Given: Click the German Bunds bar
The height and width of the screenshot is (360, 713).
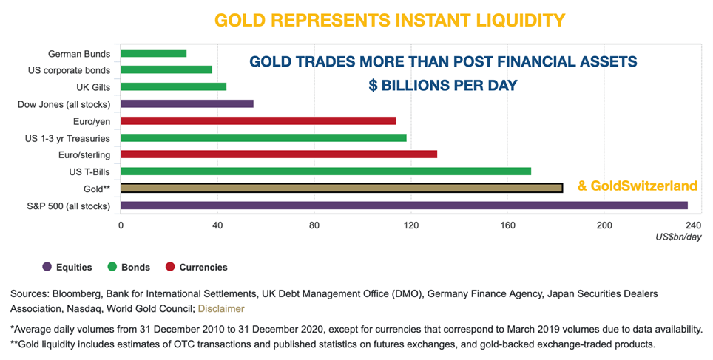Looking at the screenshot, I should (153, 53).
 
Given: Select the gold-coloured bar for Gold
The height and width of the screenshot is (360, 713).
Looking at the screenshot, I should (341, 188).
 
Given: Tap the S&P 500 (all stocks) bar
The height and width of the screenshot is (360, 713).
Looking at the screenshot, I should (404, 205).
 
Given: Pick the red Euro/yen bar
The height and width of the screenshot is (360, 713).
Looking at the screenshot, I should (258, 120).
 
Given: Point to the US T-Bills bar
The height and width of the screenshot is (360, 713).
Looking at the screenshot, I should (325, 171).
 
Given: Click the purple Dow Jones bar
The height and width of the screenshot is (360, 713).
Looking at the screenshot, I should (186, 103).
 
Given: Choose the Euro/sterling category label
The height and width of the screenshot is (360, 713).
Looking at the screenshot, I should (84, 154).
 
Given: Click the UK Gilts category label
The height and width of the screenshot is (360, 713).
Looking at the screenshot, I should (93, 87).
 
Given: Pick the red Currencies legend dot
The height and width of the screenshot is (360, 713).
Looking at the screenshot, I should (169, 267).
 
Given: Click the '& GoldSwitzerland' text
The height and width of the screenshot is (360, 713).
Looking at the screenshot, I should (638, 186).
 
